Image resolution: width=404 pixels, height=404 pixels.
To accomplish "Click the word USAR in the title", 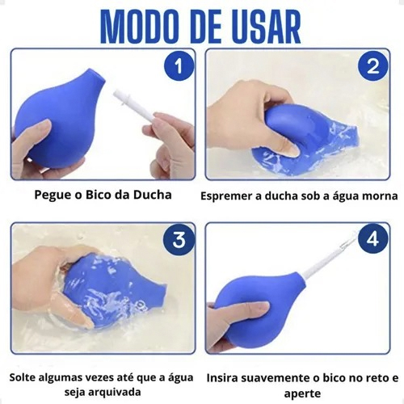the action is click(x=260, y=27).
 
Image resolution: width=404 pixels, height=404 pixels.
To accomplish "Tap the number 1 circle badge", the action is click(x=179, y=66).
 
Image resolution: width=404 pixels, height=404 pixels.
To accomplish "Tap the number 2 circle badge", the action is click(x=372, y=66).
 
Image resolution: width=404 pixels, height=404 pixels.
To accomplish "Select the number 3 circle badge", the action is click(x=179, y=239).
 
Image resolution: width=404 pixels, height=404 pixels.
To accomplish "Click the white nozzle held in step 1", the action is click(x=136, y=107).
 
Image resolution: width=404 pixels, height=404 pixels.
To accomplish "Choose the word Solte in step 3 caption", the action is click(x=23, y=377).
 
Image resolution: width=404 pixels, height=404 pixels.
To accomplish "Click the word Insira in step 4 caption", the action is click(x=222, y=378).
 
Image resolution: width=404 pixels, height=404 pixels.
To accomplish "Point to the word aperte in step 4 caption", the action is click(x=302, y=393).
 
